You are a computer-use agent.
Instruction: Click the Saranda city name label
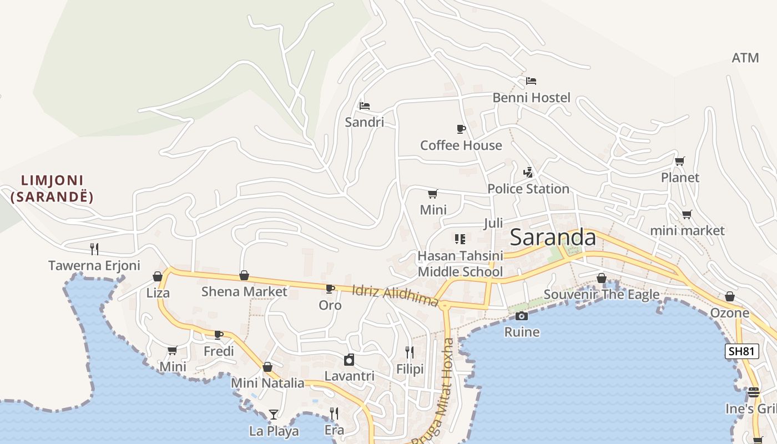[553, 238]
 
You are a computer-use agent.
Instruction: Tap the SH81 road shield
[741, 351]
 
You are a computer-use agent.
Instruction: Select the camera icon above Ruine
[521, 316]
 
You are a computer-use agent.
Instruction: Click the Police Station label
[528, 189]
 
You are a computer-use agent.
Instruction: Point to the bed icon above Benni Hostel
[531, 81]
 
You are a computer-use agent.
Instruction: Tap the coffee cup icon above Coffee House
[461, 129]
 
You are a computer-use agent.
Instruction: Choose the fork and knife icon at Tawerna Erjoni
[94, 249]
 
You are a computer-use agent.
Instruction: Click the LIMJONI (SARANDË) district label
[52, 189]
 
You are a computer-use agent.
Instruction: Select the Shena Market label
[244, 291]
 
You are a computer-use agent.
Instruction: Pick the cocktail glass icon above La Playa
[274, 415]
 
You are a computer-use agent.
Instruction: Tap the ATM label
[745, 58]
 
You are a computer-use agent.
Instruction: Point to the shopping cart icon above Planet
[680, 162]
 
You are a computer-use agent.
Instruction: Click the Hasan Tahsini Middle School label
[460, 264]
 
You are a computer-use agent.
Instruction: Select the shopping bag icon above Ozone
[730, 297]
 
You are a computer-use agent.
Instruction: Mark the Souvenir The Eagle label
[602, 295]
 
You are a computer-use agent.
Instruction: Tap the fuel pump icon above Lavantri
[349, 360]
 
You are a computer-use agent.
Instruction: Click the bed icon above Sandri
[364, 106]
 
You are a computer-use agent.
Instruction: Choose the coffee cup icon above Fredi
[219, 335]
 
